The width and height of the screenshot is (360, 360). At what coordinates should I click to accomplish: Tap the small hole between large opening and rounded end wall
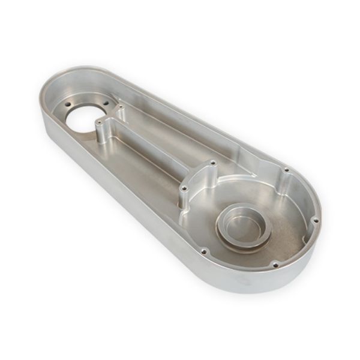tap(61, 107)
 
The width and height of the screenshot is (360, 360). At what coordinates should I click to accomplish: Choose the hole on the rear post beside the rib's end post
tap(213, 161)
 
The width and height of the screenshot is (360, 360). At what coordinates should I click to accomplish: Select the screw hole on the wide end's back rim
tap(286, 170)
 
